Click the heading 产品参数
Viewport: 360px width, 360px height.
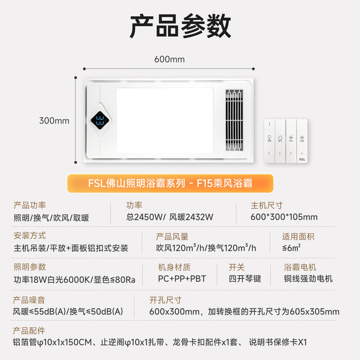point(180,27)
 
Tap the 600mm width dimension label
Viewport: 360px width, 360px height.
point(169,59)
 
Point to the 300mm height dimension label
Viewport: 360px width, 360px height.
point(54,121)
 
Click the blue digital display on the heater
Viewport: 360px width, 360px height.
point(100,121)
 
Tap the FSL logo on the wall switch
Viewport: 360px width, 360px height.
point(301,158)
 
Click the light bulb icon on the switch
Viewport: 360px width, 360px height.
point(269,137)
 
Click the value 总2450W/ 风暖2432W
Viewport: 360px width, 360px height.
point(170,217)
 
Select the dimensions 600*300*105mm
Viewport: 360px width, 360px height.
point(284,217)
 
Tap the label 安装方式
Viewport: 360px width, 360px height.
point(30,236)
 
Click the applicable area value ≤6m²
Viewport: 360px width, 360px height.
point(292,248)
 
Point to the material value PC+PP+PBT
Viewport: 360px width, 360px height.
point(182,279)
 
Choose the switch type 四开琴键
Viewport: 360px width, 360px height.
point(245,279)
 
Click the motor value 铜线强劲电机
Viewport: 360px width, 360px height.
point(308,279)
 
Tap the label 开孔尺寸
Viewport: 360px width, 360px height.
point(165,300)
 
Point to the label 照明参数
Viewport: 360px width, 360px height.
point(30,267)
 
